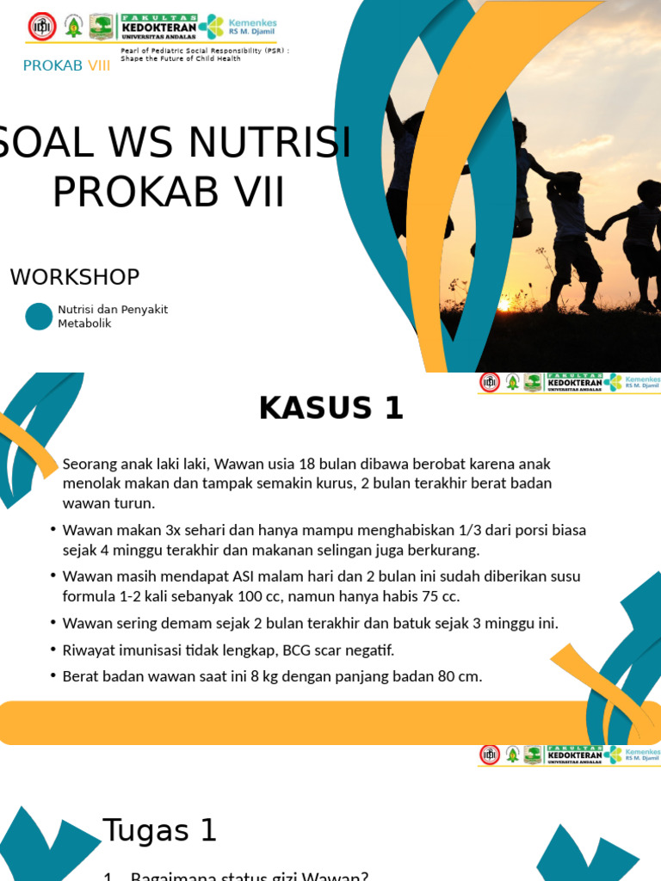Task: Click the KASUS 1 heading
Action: [x=331, y=409]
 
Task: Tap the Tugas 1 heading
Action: [x=159, y=831]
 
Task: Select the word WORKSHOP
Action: [x=75, y=277]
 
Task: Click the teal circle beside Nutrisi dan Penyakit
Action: [x=39, y=317]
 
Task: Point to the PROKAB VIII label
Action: [x=66, y=65]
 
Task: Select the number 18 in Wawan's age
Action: [x=281, y=464]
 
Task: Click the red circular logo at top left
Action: [x=40, y=26]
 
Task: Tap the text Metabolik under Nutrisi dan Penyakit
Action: [x=84, y=323]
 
